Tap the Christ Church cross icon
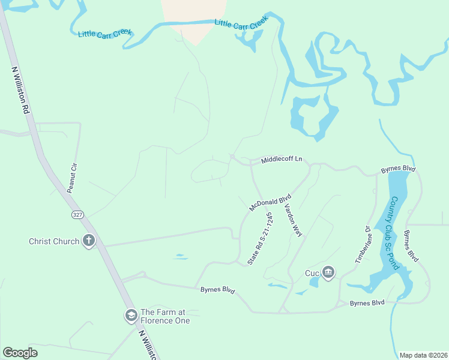[89, 241]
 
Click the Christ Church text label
[54, 241]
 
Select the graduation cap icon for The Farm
[131, 316]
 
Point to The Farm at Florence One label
[165, 316]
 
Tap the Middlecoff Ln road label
[281, 160]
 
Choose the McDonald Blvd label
[270, 202]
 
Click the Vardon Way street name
[292, 220]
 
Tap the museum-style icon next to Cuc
[328, 273]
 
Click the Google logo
[20, 353]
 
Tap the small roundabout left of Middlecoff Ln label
[232, 158]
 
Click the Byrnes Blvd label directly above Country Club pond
[398, 170]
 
